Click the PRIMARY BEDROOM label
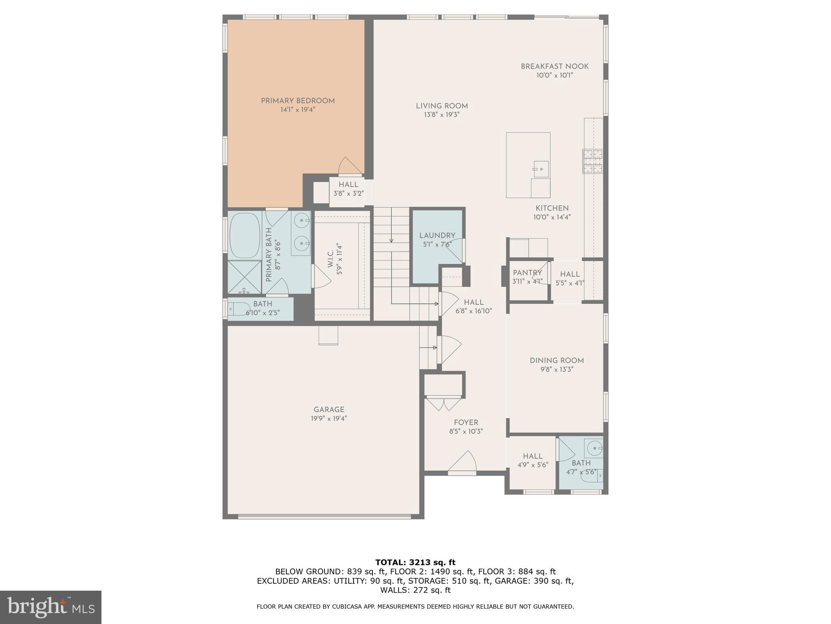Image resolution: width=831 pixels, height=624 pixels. [297, 101]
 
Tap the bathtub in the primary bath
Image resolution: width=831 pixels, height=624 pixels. [245, 236]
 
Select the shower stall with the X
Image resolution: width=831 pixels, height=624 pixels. [244, 277]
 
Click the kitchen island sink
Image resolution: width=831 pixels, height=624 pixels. [541, 169]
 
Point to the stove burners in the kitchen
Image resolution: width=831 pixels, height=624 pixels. [593, 161]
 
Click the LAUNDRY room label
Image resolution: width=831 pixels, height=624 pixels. [437, 235]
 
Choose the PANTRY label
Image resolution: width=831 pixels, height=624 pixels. [527, 273]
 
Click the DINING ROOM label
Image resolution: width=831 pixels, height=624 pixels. [556, 360]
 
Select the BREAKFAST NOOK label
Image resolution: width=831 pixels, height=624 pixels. [554, 66]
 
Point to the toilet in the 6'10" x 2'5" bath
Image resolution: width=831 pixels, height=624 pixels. [235, 309]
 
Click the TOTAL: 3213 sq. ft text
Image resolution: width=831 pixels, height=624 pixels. [415, 562]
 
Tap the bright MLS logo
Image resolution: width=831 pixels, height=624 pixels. [50, 607]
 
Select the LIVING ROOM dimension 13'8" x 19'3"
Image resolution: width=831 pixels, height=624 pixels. [441, 115]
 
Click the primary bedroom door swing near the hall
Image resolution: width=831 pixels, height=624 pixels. [349, 166]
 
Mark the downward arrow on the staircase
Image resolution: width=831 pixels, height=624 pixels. [391, 240]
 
